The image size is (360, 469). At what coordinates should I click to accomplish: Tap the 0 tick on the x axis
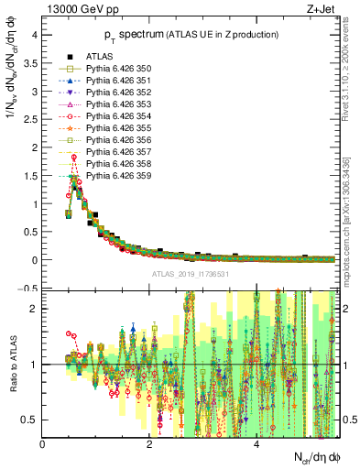click(42, 445)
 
